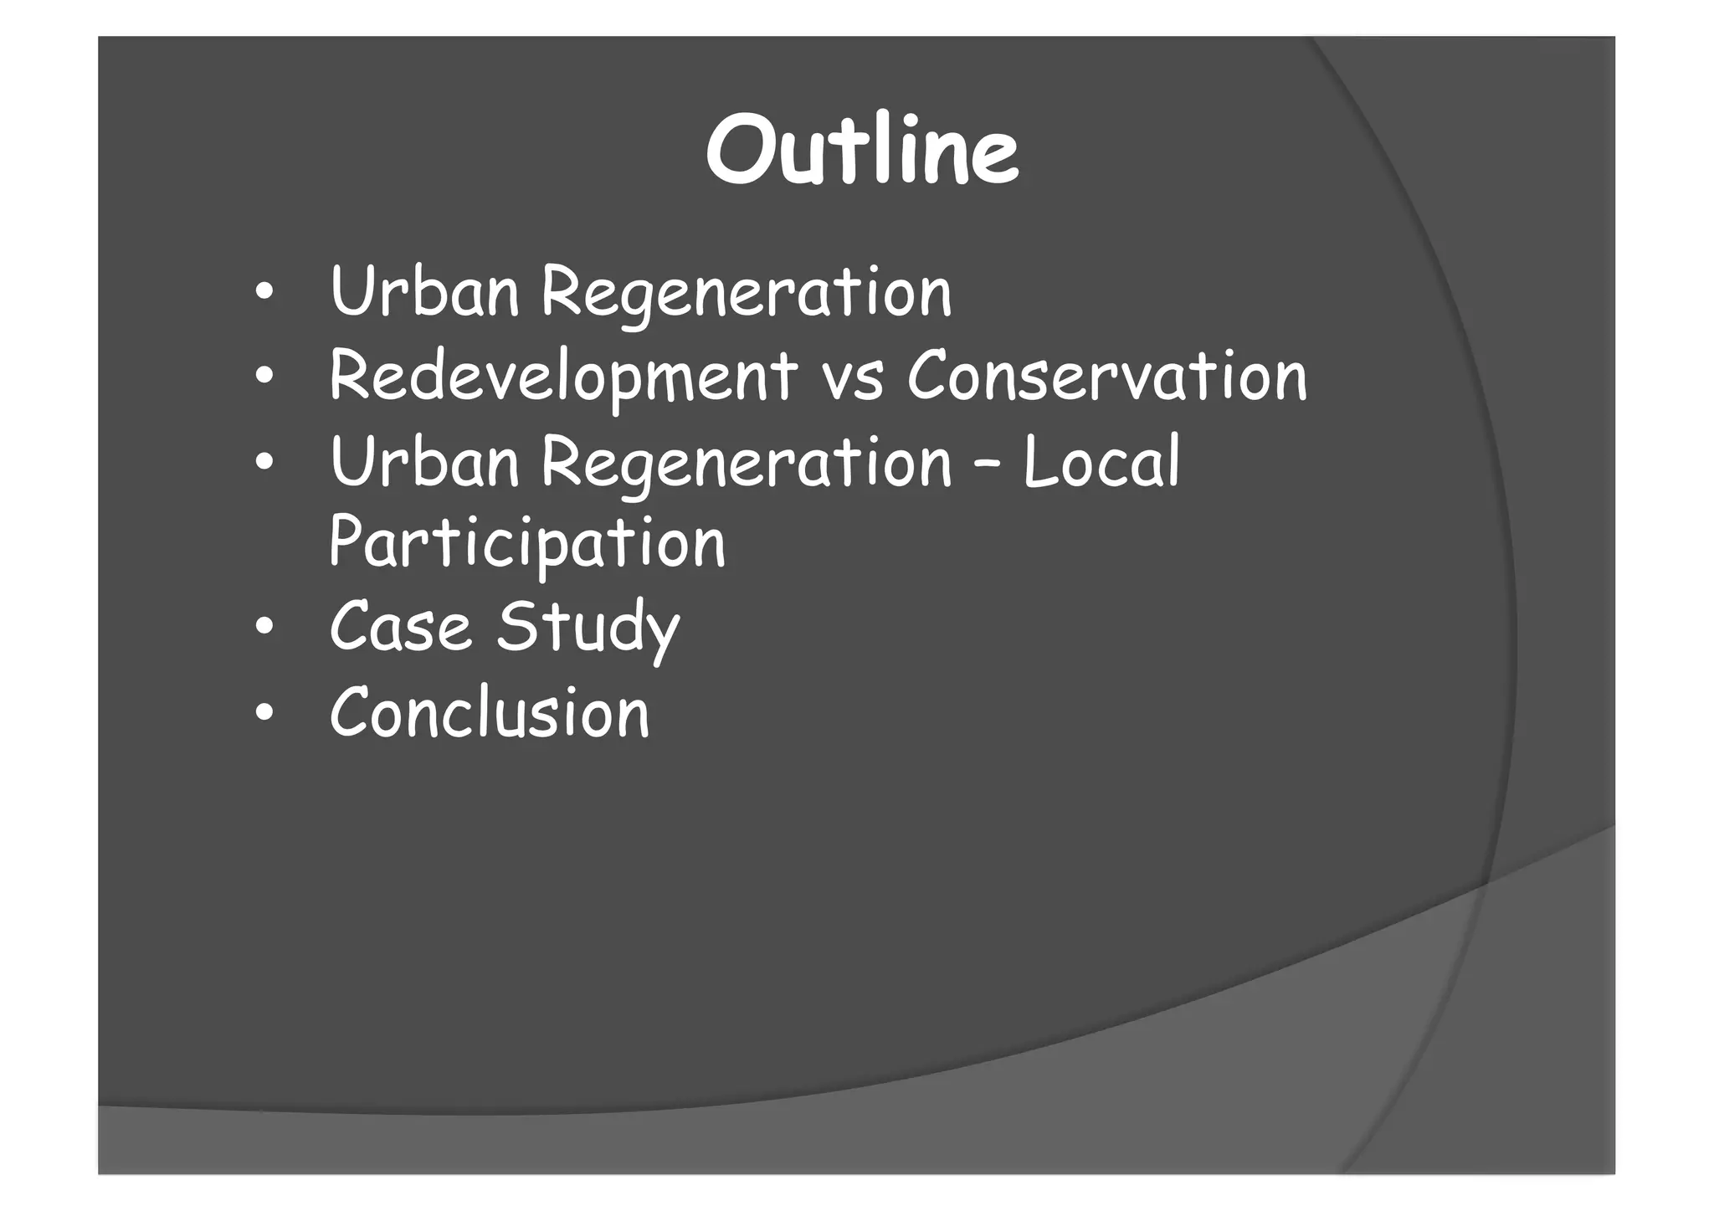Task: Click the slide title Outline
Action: [862, 151]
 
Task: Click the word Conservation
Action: [1106, 377]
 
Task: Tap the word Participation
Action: [527, 545]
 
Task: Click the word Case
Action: [400, 627]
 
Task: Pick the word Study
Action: [588, 629]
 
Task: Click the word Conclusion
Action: [490, 712]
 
